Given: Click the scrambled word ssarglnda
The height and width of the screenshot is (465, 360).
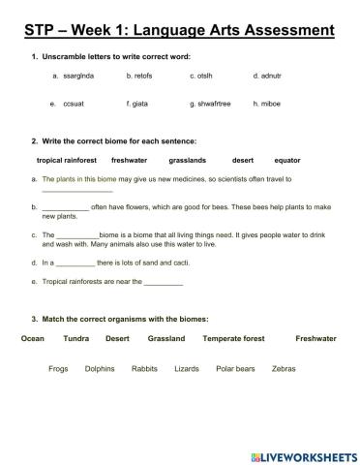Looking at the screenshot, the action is coord(82,75).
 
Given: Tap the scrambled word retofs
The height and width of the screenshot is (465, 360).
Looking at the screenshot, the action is coord(141,75).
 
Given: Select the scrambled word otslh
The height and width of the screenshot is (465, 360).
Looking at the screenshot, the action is coord(205,75).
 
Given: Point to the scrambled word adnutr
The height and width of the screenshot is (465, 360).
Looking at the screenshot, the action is coord(270,75).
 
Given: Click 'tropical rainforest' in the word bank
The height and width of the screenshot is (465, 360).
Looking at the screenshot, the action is coord(67,160).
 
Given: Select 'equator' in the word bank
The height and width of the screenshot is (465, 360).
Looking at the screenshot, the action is coord(287,160).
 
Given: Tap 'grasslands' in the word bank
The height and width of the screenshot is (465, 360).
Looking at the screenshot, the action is coord(187,160).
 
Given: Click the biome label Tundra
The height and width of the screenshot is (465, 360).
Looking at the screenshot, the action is coord(76,339).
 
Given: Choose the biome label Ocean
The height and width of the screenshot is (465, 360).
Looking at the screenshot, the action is coord(32,339).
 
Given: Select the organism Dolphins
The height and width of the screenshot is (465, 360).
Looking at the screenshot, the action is coord(100,369).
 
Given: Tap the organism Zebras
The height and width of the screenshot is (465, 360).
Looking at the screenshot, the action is coord(284,369).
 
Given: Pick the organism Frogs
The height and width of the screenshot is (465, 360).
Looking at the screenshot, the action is coord(58,369).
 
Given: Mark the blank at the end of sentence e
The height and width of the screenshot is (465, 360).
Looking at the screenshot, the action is coord(164,283).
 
